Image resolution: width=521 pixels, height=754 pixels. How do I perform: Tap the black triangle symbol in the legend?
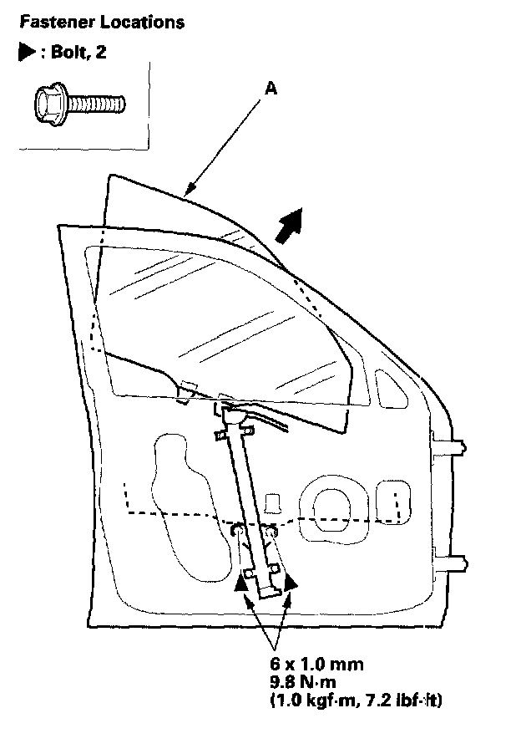point(25,53)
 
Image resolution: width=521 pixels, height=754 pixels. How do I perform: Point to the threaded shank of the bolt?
point(97,104)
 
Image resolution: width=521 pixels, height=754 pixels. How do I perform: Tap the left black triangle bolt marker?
point(241,583)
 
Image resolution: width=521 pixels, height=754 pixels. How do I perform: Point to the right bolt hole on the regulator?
point(271,530)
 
